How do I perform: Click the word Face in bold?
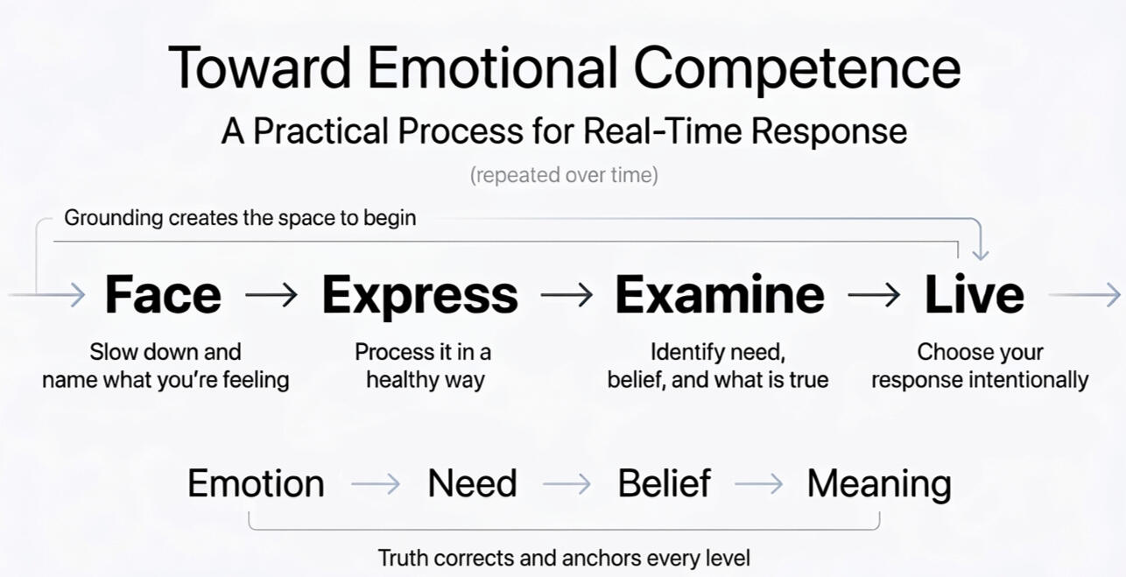163,294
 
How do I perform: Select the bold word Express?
419,297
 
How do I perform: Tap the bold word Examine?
720,294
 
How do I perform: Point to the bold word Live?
975,294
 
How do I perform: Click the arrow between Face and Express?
271,294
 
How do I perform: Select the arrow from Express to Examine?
567,294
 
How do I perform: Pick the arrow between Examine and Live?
874,294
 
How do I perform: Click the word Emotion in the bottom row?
256,483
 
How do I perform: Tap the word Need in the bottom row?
472,483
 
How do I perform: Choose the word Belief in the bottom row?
664,483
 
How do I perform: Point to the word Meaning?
879,484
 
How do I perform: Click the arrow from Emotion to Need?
376,484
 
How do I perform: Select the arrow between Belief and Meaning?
758,484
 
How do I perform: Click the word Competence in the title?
798,69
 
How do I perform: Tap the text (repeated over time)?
564,175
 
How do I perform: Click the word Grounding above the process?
114,219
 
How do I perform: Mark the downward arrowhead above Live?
981,254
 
